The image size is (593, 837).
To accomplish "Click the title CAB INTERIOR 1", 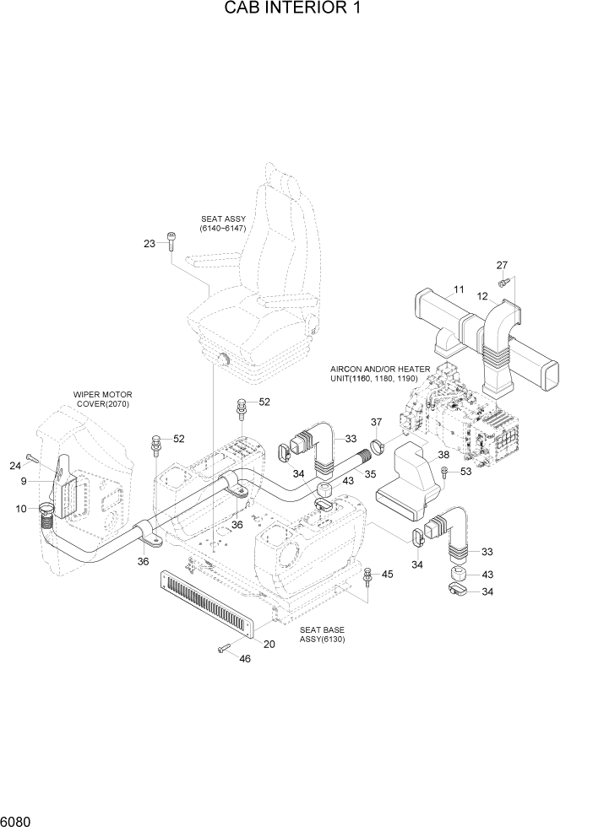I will (296, 10).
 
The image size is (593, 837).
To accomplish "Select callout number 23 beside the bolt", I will (150, 244).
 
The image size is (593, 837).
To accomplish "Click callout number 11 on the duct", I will (459, 290).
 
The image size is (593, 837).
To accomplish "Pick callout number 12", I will (483, 296).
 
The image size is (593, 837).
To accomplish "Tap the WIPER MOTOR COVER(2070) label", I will (102, 399).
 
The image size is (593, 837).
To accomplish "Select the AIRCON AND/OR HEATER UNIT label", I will (381, 374).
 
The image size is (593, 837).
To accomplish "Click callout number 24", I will (15, 465).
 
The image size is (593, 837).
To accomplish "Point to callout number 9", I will (26, 482).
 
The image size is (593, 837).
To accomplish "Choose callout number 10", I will (21, 508).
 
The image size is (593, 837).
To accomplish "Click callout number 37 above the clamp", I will (377, 422).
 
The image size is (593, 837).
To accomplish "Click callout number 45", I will (387, 575).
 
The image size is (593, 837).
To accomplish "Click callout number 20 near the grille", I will (269, 644).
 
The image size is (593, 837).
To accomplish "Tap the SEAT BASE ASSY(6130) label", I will (322, 634).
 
